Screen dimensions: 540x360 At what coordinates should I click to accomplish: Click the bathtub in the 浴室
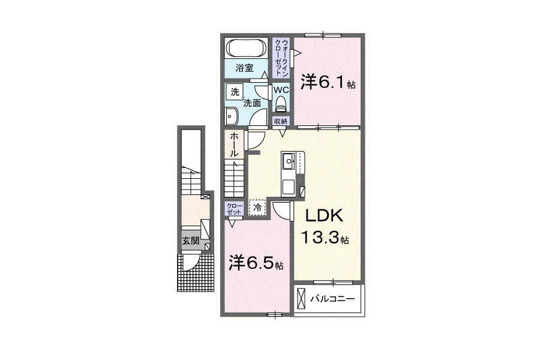coord(246,48)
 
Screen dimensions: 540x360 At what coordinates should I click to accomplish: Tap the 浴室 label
coord(245,68)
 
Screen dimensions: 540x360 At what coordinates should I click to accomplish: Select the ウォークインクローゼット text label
coord(282,57)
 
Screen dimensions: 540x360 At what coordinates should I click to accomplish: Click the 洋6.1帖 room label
coord(328,82)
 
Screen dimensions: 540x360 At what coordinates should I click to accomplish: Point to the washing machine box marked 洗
coord(235,92)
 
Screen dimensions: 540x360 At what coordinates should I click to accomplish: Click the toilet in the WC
coord(281,103)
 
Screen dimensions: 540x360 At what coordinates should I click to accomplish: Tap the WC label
coord(281,90)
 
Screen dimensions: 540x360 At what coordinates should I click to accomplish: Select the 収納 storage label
coord(281,121)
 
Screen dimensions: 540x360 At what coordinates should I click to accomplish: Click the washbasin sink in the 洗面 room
coord(231,116)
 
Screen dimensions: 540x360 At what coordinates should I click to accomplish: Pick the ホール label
coord(234,145)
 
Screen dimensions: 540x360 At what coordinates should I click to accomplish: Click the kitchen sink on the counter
coord(287,161)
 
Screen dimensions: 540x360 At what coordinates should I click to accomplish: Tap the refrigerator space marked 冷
coord(257,208)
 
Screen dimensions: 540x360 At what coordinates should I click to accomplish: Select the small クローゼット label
coord(234,209)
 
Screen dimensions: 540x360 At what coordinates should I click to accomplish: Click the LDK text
coord(325,216)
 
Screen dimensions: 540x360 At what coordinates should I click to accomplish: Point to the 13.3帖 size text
coord(325,238)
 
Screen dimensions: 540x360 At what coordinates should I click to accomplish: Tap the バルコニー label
coord(332,299)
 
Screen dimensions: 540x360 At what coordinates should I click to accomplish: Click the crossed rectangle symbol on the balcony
coord(301,298)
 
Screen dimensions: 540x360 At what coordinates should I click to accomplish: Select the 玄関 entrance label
coord(191,241)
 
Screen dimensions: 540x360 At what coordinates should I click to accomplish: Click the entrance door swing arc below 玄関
coord(194,266)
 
